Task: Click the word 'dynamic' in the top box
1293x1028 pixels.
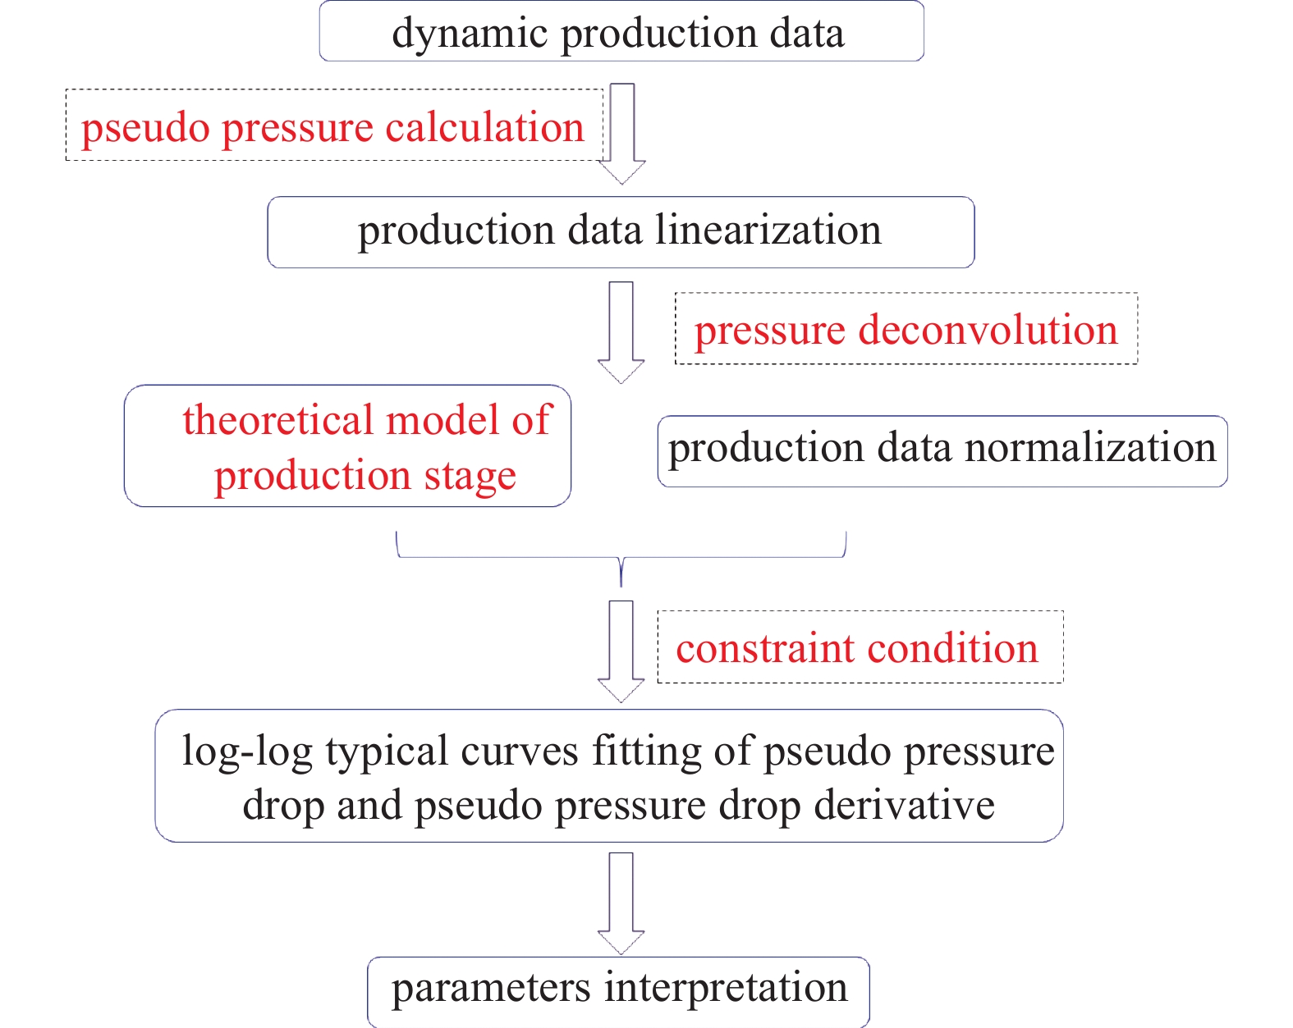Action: point(470,34)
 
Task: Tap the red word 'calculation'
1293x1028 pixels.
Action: point(484,127)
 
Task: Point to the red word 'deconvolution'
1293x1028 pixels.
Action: point(988,330)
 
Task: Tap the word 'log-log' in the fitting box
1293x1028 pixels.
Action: point(248,752)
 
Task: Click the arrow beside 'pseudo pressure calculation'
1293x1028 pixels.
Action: point(622,133)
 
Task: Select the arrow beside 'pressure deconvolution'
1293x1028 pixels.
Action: point(621,332)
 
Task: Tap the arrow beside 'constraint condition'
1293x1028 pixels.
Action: point(621,651)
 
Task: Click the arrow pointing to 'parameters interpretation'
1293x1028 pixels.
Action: point(621,903)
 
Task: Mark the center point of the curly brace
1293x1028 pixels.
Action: point(621,558)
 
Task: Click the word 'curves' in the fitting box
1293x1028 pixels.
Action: point(519,752)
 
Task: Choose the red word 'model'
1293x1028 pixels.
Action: point(442,419)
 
